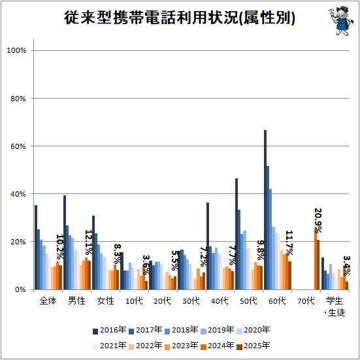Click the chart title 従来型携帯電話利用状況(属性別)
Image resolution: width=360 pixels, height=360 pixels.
click(180, 18)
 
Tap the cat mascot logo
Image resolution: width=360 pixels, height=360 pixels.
click(342, 21)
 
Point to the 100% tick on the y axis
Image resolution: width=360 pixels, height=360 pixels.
click(16, 50)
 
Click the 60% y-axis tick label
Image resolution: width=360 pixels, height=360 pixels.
click(18, 146)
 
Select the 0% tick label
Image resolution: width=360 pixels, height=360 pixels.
click(20, 289)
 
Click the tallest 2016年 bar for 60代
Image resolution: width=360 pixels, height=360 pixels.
click(265, 210)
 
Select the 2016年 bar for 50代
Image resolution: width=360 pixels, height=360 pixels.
click(237, 234)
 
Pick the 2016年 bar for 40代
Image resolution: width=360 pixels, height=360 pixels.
click(208, 246)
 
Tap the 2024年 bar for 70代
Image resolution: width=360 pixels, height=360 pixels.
click(316, 259)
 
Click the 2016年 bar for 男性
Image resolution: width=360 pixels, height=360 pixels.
click(65, 242)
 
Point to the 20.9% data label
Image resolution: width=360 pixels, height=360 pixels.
click(318, 220)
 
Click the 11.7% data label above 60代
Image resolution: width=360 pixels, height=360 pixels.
click(289, 242)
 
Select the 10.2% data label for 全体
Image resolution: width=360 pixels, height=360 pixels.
click(60, 246)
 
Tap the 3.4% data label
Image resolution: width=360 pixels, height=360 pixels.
click(347, 265)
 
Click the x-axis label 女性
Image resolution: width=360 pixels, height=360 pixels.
click(105, 301)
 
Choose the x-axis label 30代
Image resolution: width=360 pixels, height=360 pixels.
click(191, 301)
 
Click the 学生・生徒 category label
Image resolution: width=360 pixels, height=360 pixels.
click(335, 306)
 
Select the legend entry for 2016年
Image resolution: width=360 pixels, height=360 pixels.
click(110, 330)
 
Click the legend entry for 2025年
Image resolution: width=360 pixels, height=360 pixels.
click(254, 346)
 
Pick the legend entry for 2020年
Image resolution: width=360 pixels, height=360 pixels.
click(254, 330)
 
